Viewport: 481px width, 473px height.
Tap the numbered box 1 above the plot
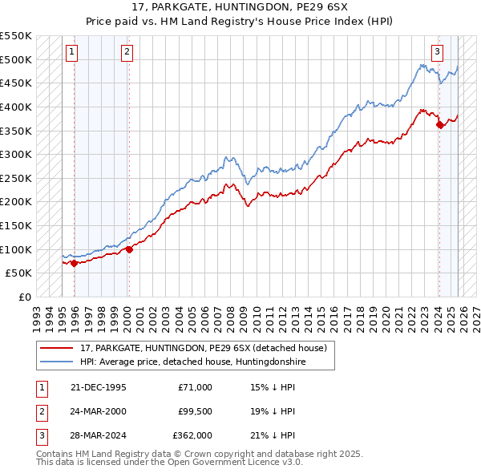[x=71, y=53]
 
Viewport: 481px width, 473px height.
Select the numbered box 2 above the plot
[x=127, y=53]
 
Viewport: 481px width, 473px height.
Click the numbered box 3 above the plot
[x=437, y=53]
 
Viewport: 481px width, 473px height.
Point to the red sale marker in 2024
[x=439, y=124]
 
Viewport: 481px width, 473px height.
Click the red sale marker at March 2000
[x=128, y=249]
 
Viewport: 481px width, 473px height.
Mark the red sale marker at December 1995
[x=74, y=262]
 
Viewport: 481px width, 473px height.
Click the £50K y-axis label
[x=18, y=273]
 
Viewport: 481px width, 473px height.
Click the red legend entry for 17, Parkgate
[x=204, y=349]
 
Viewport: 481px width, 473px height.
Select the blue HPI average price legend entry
[x=193, y=362]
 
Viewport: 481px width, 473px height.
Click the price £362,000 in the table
[x=192, y=435]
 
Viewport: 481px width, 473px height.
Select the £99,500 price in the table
[x=195, y=411]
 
